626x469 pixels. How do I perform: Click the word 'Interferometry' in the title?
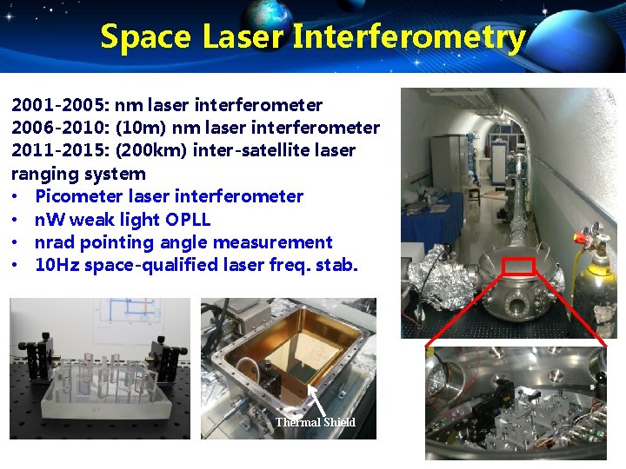(409, 37)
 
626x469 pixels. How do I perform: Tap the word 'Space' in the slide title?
(145, 37)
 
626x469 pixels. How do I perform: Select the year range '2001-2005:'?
(56, 106)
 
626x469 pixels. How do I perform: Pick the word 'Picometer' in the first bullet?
(75, 196)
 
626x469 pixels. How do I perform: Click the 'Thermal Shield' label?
(316, 422)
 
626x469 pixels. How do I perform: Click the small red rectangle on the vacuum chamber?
(522, 266)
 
